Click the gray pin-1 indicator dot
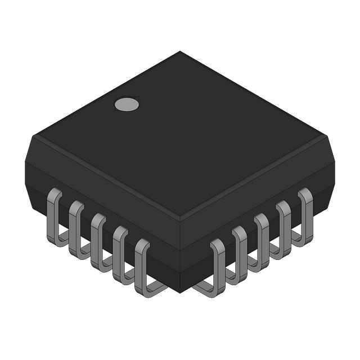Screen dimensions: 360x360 coord(127,104)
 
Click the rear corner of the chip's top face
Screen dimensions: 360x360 coord(180,52)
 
